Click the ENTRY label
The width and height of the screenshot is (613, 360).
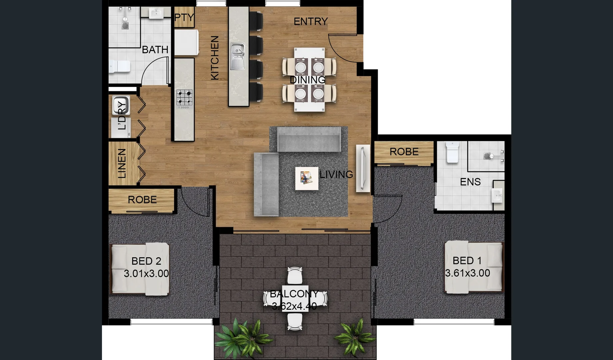[x=310, y=22]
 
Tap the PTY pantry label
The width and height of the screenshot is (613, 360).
[x=184, y=17]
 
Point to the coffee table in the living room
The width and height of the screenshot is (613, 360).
[x=306, y=178]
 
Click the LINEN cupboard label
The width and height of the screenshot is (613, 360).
[x=122, y=163]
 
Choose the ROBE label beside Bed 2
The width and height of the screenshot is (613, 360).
[x=142, y=200]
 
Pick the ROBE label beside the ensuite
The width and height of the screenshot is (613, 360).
[x=404, y=152]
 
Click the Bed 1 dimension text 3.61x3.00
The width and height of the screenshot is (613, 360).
[x=467, y=273]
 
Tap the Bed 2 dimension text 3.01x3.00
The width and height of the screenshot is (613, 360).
[x=146, y=274]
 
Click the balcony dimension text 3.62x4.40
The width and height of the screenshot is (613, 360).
[x=294, y=306]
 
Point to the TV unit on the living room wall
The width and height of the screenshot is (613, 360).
[x=363, y=168]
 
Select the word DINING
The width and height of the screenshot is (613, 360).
[x=307, y=80]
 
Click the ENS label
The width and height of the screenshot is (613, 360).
[x=470, y=182]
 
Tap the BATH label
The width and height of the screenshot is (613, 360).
[x=155, y=50]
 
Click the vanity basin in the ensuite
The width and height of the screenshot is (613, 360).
[x=497, y=195]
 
